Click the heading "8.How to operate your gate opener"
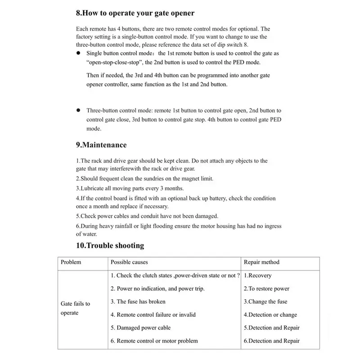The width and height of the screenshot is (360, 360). click(x=135, y=13)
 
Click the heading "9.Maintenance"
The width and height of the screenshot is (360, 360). click(x=101, y=145)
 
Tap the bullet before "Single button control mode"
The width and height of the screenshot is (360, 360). click(x=78, y=53)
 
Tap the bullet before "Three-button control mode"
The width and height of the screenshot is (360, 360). click(x=78, y=110)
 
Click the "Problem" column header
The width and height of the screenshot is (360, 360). click(x=71, y=262)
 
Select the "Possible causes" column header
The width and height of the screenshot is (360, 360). click(x=129, y=262)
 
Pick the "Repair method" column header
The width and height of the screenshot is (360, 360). click(x=261, y=262)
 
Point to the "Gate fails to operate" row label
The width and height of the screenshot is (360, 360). click(x=75, y=308)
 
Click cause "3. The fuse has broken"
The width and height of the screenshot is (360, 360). click(x=138, y=301)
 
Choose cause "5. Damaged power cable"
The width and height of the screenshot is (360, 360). click(x=141, y=328)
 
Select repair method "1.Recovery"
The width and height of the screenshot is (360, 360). click(x=257, y=275)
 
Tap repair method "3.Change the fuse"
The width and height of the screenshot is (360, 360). click(x=265, y=301)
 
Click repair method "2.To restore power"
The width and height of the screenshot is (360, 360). click(x=266, y=288)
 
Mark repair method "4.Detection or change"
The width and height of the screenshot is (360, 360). click(x=270, y=315)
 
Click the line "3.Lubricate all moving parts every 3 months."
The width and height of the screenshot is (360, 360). click(x=130, y=188)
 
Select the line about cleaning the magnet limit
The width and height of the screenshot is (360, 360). click(x=144, y=179)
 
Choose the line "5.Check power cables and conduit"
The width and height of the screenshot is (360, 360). click(x=147, y=216)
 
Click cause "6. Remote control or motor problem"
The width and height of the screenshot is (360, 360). click(x=154, y=341)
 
